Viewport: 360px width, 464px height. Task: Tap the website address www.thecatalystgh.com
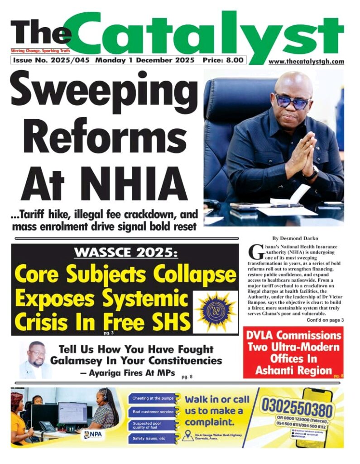[x=306, y=62]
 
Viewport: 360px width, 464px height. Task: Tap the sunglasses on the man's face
[x=293, y=101]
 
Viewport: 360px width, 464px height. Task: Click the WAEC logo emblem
[x=215, y=312]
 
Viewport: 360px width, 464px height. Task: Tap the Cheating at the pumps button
[x=153, y=398]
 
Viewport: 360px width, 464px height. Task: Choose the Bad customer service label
[x=153, y=412]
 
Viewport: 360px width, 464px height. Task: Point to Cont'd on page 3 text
[x=325, y=320]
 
